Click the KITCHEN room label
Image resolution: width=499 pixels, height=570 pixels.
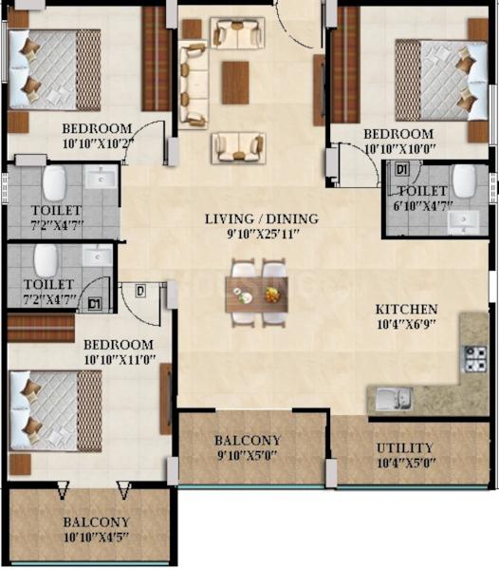coord(406,310)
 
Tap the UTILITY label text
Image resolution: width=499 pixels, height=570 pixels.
coord(405,447)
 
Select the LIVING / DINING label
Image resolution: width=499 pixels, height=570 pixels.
coord(262,218)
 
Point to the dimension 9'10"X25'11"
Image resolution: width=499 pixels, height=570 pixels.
coord(263,234)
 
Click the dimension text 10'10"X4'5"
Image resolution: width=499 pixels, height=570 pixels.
coord(96,538)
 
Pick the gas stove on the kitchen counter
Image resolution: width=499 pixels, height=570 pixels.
coord(474,359)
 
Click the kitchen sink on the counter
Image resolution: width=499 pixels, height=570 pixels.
coord(394,399)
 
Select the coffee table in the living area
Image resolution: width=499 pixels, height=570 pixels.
coord(235,83)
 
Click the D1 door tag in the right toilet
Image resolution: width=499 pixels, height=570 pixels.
coord(401,169)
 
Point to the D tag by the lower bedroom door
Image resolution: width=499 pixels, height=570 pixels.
coord(140,292)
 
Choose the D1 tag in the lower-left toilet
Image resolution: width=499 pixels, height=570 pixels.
coord(95,304)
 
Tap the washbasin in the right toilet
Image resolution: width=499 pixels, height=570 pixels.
coord(464,221)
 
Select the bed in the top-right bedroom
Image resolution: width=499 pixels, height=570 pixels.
coord(441,81)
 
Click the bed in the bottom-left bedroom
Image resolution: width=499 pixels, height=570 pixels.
coord(55,410)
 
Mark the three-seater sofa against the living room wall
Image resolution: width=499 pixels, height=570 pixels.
coord(194,85)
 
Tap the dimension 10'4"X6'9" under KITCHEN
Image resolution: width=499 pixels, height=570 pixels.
coord(406,324)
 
